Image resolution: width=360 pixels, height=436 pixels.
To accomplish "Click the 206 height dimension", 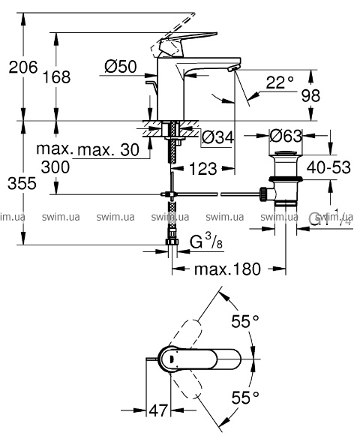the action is pyautogui.click(x=23, y=68).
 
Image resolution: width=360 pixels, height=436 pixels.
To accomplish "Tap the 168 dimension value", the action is pyautogui.click(x=56, y=77).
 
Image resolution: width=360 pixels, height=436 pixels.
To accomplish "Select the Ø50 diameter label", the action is pyautogui.click(x=121, y=67).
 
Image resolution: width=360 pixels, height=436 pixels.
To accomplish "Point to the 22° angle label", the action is pyautogui.click(x=280, y=83).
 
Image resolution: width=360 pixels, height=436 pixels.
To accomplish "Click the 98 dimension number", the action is pyautogui.click(x=310, y=95).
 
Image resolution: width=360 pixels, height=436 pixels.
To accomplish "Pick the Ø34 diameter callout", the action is pyautogui.click(x=218, y=137).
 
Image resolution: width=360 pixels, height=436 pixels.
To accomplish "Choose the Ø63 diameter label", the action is pyautogui.click(x=286, y=136).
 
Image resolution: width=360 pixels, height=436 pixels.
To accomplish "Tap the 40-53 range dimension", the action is pyautogui.click(x=328, y=167).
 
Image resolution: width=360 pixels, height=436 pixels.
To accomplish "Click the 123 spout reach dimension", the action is pyautogui.click(x=203, y=169).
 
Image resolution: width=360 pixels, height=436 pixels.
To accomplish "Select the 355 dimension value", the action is pyautogui.click(x=22, y=184).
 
